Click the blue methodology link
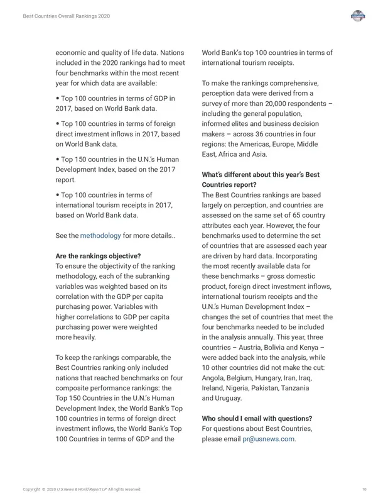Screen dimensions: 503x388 coord(100,236)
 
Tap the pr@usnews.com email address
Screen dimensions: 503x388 coord(269,439)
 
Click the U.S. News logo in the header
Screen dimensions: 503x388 coord(358,16)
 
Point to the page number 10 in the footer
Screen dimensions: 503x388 coord(364,489)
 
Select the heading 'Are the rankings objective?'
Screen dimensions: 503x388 coord(98,256)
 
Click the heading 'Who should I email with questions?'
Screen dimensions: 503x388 coord(257,419)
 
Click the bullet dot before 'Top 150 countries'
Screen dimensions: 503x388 coord(58,160)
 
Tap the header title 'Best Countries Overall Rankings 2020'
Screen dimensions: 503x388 coord(66,16)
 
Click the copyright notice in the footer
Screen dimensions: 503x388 coord(82,489)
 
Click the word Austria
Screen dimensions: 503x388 coord(244,348)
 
